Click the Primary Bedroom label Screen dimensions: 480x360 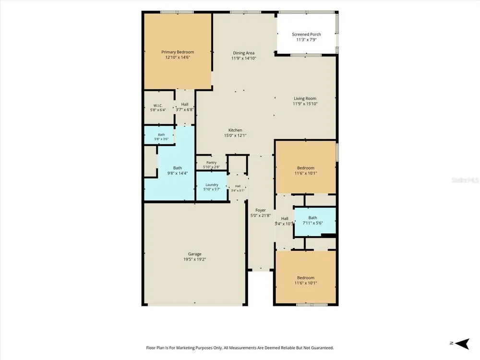pyautogui.click(x=178, y=52)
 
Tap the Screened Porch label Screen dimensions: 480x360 pyautogui.click(x=306, y=34)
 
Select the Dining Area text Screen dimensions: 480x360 pyautogui.click(x=244, y=53)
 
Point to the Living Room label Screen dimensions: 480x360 pyautogui.click(x=305, y=98)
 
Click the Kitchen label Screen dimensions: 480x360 pyautogui.click(x=235, y=130)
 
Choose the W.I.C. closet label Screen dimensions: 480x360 pyautogui.click(x=158, y=106)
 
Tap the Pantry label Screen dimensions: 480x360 pyautogui.click(x=212, y=163)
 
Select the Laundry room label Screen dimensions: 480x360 pyautogui.click(x=212, y=185)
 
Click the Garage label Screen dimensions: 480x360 pyautogui.click(x=195, y=254)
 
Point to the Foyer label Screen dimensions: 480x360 pyautogui.click(x=261, y=210)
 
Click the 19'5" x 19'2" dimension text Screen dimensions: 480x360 pyautogui.click(x=195, y=259)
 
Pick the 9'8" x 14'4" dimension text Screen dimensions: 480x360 pyautogui.click(x=178, y=173)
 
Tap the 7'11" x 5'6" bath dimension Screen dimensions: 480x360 pyautogui.click(x=312, y=223)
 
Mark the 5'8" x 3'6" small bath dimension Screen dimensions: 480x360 pyautogui.click(x=161, y=139)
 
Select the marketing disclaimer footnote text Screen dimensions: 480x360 pyautogui.click(x=240, y=348)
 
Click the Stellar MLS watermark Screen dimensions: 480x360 pyautogui.click(x=465, y=180)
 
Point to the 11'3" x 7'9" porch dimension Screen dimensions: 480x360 pyautogui.click(x=306, y=39)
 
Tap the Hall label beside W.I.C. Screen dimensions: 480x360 pyautogui.click(x=185, y=104)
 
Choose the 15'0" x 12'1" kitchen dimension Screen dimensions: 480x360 pyautogui.click(x=235, y=135)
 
